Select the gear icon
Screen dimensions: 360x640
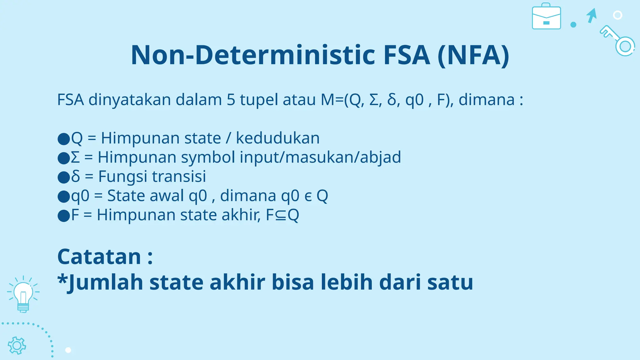pyautogui.click(x=17, y=346)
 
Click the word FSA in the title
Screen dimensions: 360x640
pyautogui.click(x=407, y=55)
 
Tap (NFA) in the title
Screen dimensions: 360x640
pyautogui.click(x=473, y=55)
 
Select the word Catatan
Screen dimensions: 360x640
pyautogui.click(x=99, y=257)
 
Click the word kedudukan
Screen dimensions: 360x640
pyautogui.click(x=277, y=138)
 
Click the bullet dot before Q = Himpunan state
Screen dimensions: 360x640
pyautogui.click(x=64, y=139)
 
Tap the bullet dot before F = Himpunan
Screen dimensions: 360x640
pyautogui.click(x=64, y=216)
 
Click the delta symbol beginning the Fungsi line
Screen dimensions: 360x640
pyautogui.click(x=75, y=176)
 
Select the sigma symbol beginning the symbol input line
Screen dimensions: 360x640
pyautogui.click(x=75, y=157)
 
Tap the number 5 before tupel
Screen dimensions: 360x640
pyautogui.click(x=231, y=100)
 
